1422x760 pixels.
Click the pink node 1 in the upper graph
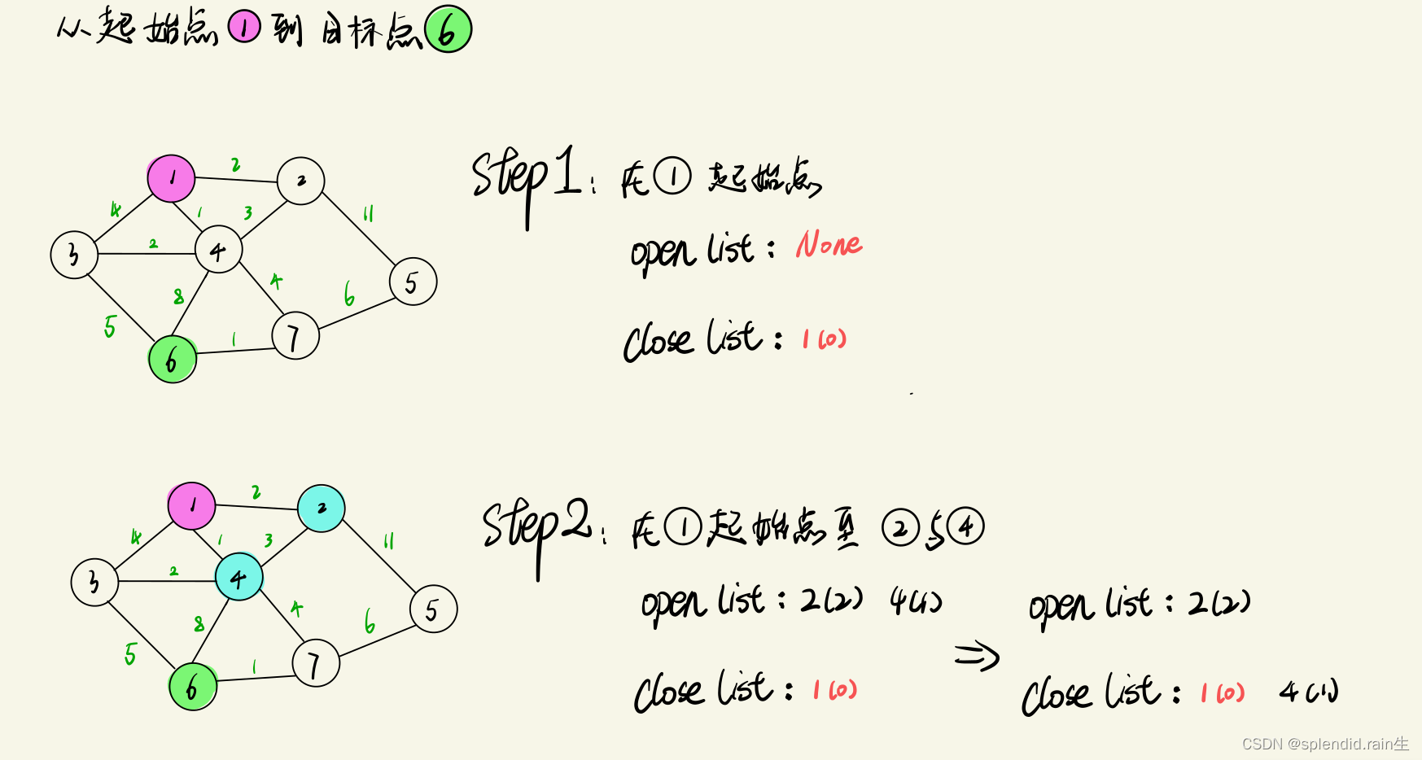171,178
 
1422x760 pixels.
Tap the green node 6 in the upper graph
173,359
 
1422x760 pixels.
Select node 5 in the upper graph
413,282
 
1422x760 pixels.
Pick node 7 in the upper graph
295,336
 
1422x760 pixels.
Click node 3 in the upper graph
74,255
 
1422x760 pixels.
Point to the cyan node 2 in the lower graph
322,509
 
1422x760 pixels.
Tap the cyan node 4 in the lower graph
239,577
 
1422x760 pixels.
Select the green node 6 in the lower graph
193,687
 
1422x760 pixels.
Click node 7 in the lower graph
315,663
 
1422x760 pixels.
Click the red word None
829,244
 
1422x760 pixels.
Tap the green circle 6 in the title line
448,30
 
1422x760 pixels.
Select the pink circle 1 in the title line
243,28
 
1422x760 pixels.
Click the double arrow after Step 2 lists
976,655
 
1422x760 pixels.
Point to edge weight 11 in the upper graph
368,213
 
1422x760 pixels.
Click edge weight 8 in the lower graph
199,624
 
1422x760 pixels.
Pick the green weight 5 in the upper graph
110,326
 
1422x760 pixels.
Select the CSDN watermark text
1324,744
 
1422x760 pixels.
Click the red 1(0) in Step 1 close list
824,339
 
